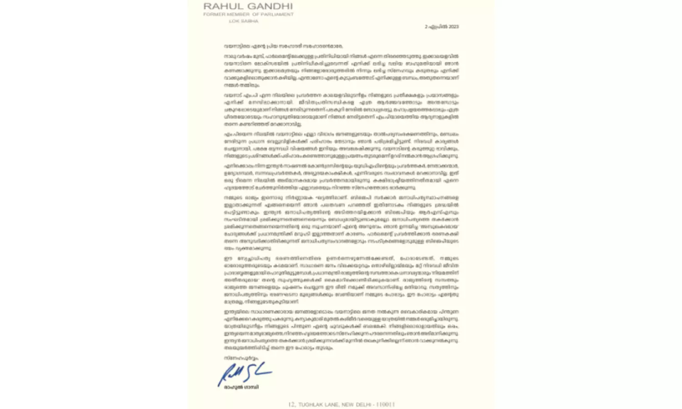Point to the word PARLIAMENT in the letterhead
coord(276,15)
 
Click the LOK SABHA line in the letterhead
coord(243,21)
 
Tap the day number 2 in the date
coord(426,27)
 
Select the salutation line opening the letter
coord(283,46)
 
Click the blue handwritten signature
coord(244,373)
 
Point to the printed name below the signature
coord(241,387)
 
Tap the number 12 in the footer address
coord(291,404)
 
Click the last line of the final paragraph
coord(278,348)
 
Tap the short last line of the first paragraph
coord(235,86)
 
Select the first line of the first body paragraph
coord(341,56)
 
